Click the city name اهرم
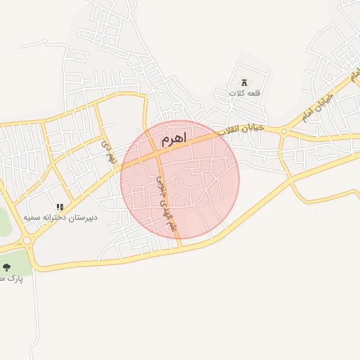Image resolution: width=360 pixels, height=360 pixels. click(174, 140)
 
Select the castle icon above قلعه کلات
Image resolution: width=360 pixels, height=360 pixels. click(244, 82)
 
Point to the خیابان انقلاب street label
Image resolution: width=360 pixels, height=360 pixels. click(240, 129)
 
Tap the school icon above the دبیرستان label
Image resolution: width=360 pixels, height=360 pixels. click(60, 207)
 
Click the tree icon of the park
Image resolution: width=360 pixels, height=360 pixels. click(7, 266)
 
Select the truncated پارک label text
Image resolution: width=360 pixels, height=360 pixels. click(11, 278)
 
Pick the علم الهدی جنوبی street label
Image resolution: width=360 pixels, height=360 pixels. click(166, 203)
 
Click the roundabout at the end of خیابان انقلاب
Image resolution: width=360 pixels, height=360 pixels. click(284, 130)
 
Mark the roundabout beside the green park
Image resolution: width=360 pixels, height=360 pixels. click(27, 240)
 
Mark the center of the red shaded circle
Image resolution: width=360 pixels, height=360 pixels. click(180, 180)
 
